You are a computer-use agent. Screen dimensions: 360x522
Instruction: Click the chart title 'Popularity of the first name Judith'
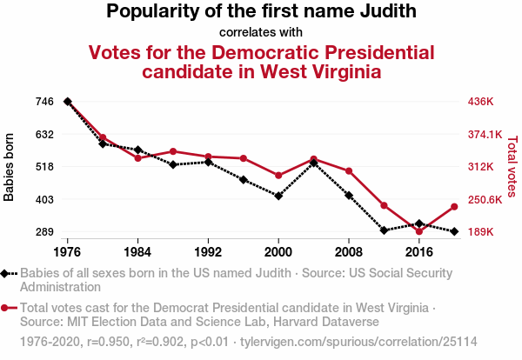coord(261,11)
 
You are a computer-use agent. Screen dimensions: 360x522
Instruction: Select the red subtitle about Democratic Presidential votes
coord(261,61)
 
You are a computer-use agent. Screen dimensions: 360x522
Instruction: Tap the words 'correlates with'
coord(261,32)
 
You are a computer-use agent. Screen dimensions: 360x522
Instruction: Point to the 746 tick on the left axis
coord(44,102)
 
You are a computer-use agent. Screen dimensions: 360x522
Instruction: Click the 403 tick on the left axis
coord(44,199)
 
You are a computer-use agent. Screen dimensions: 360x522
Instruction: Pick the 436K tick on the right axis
coord(480,102)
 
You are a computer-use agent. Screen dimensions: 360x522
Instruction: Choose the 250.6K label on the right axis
coord(485,199)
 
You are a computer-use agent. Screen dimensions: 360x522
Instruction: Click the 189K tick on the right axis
coord(480,232)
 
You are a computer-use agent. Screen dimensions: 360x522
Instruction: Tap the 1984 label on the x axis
coord(137,250)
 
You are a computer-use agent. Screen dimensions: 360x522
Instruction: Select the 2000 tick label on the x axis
coord(278,250)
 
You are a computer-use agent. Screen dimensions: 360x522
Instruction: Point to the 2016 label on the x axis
coord(419,250)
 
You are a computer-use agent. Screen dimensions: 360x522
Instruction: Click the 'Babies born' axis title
coord(10,167)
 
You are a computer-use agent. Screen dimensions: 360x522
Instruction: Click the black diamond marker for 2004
coord(313,163)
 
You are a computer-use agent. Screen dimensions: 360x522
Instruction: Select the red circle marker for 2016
coord(419,231)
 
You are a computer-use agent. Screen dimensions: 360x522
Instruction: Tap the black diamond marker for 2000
coord(278,196)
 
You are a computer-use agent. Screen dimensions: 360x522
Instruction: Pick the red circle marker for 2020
coord(454,207)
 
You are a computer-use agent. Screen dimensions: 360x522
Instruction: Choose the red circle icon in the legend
coord(6,308)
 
